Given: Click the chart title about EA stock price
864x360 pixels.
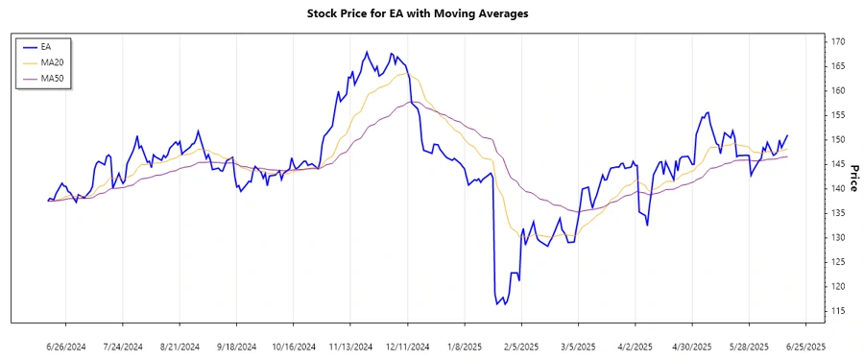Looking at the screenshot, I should click(x=431, y=13).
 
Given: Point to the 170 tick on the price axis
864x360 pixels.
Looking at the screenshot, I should click(x=838, y=42).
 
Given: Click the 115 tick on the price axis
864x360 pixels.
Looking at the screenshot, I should click(x=838, y=310).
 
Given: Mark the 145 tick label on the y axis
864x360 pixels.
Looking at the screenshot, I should click(x=838, y=140).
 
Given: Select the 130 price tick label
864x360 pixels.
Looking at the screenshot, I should click(x=838, y=237).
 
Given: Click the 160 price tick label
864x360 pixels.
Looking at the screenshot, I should click(x=838, y=91).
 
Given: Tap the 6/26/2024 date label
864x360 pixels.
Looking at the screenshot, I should click(x=67, y=346).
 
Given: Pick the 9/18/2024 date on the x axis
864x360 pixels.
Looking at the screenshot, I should click(x=237, y=346).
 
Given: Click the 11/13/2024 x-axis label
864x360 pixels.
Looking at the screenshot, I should click(x=351, y=346).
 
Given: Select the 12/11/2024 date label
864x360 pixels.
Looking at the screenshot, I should click(x=408, y=346).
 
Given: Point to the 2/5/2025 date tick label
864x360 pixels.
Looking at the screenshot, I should click(x=522, y=346).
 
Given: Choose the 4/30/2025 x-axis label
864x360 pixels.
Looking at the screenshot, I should click(x=692, y=346).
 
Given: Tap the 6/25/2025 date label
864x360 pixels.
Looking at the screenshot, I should click(x=805, y=346).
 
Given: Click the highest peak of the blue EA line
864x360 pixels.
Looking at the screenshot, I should click(x=368, y=53).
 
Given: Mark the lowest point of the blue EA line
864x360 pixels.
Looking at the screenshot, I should click(x=497, y=304).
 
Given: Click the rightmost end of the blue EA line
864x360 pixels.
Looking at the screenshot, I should click(x=788, y=135).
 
